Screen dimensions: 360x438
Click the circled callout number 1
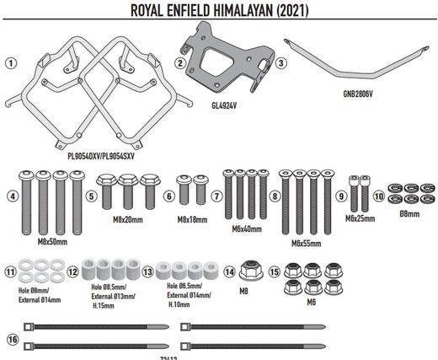coord(10,62)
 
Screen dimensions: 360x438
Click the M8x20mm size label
coord(127,218)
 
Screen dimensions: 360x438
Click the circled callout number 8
coord(275,196)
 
